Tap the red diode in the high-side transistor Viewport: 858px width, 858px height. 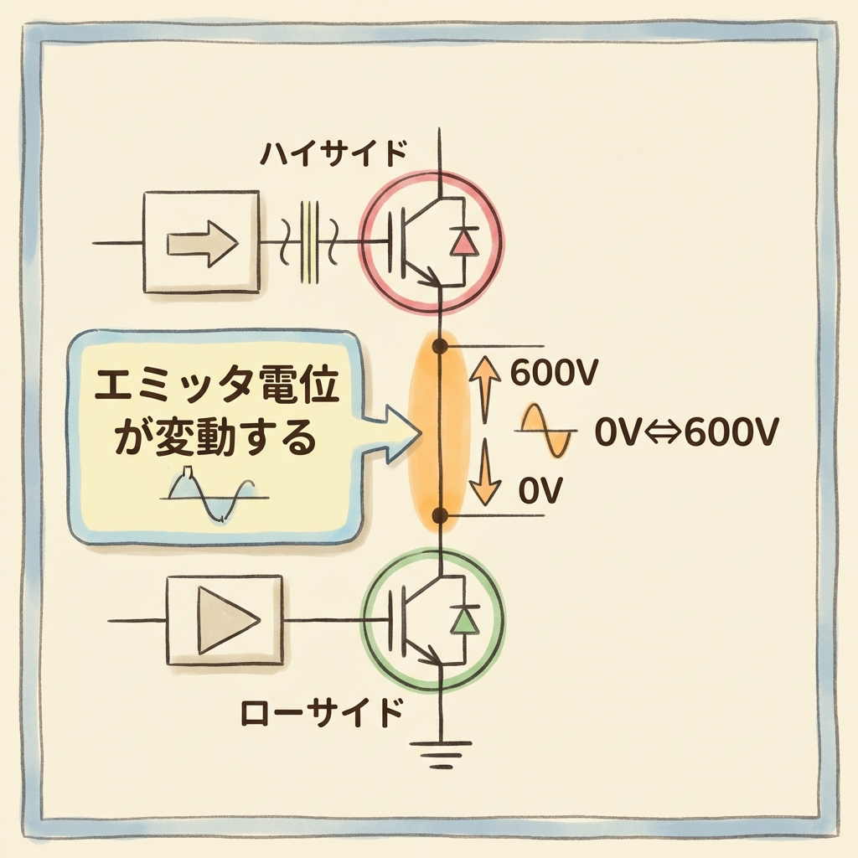(463, 242)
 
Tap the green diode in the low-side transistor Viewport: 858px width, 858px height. (463, 619)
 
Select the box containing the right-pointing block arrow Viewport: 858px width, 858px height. (201, 243)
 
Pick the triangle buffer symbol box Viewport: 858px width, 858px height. (225, 620)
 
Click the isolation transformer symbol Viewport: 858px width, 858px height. (311, 241)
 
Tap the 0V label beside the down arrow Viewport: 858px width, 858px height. (539, 490)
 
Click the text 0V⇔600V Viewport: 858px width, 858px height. (687, 433)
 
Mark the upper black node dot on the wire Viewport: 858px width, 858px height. (437, 345)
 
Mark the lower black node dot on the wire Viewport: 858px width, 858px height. (437, 514)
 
